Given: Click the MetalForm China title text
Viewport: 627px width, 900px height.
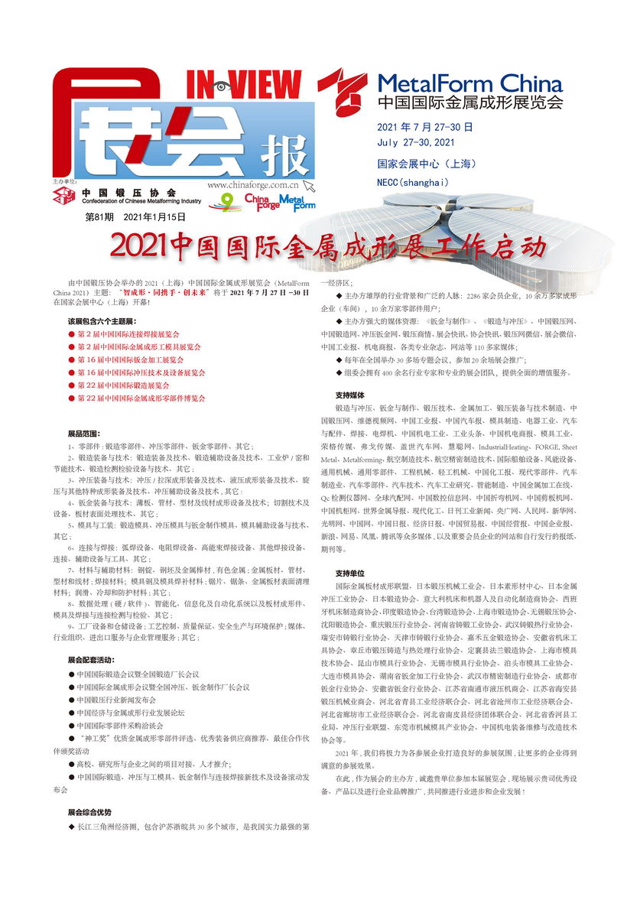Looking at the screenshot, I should pos(470,83).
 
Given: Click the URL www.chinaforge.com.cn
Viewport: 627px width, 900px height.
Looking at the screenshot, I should pos(252,184).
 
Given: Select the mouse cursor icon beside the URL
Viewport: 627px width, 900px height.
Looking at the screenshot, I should pos(308,185).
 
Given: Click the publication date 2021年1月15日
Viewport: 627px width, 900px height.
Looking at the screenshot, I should pos(154,218).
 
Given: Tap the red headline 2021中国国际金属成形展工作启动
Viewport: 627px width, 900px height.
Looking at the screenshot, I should pos(329,246).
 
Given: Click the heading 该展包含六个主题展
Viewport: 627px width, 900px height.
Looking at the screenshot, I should pos(101,320).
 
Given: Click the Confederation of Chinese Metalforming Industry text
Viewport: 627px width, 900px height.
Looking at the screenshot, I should pos(141,201).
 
